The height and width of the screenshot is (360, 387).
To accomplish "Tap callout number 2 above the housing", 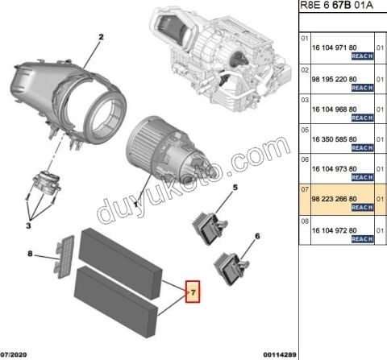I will click(102, 38).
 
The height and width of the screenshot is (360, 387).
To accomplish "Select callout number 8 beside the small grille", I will click(30, 254).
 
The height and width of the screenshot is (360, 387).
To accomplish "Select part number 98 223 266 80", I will click(333, 199).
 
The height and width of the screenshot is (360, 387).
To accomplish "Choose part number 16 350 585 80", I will click(333, 139).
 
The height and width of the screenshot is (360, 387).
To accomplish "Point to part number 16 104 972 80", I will click(333, 230).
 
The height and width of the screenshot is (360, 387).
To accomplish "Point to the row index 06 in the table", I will click(305, 159).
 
